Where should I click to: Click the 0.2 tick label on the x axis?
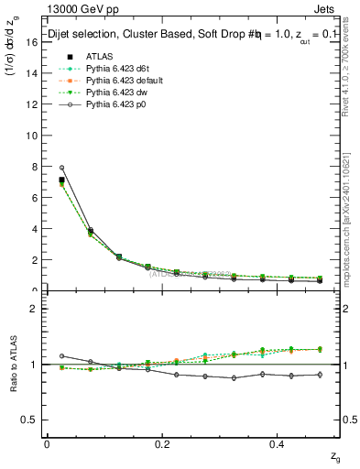click(x=163, y=444)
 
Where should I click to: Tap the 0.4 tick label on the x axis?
click(x=280, y=444)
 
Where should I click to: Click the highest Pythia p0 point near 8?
click(x=61, y=168)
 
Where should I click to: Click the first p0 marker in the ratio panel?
click(x=61, y=355)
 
